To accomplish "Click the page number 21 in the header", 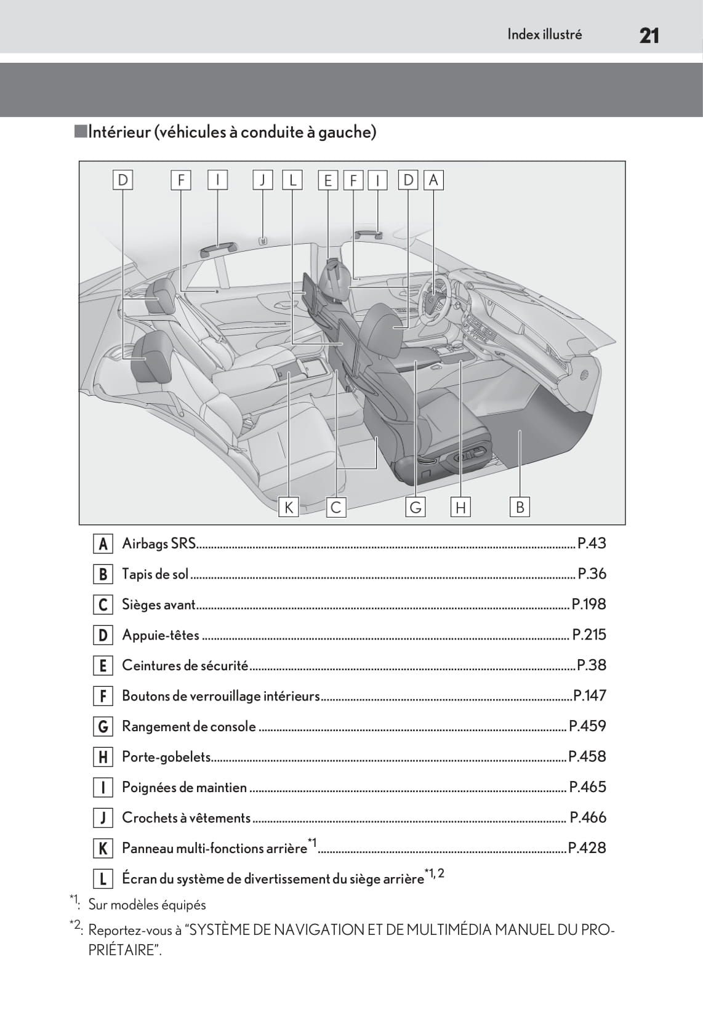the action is tap(649, 36).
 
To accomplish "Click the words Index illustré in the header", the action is tap(544, 34).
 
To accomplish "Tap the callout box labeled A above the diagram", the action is tap(433, 180).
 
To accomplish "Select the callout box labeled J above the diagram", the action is tap(263, 180).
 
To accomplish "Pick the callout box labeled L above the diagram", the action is tap(292, 180).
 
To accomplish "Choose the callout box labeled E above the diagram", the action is tap(327, 180).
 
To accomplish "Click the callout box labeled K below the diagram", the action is tap(289, 507).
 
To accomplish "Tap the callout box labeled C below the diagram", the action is tap(336, 507).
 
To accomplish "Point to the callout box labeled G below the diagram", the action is tap(416, 507).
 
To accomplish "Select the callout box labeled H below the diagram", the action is tap(460, 507).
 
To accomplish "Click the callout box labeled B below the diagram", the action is tap(520, 507).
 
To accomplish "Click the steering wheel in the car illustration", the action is tap(434, 300).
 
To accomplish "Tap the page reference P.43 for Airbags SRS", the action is tap(592, 543).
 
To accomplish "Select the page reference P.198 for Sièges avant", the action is tap(589, 604).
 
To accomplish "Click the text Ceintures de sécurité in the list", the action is tap(185, 665).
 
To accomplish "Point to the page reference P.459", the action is tap(587, 726).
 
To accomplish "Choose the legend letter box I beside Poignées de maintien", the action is tap(103, 787).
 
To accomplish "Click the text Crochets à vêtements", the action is tap(187, 817).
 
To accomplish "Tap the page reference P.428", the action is tap(587, 848).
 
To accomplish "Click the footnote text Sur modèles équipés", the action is tap(147, 905).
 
